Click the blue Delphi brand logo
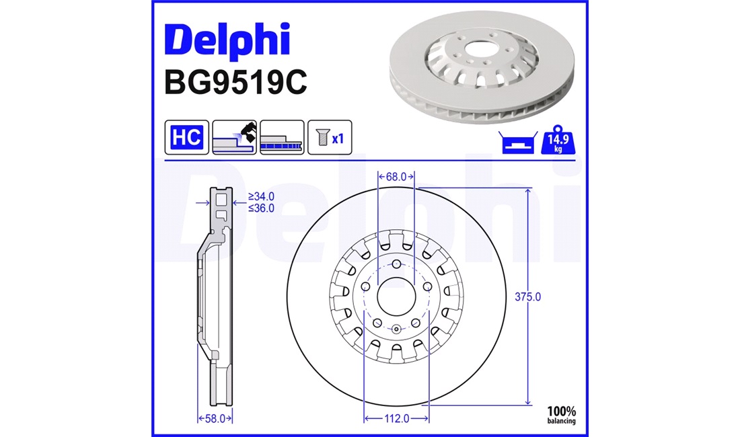(x=227, y=41)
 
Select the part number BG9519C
(x=235, y=82)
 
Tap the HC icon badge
(x=187, y=137)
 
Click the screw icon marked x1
(x=330, y=137)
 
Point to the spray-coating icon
(x=235, y=137)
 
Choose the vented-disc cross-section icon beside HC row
(x=282, y=137)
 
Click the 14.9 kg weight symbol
(x=558, y=140)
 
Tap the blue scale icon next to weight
(x=518, y=143)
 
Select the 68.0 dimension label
(x=396, y=177)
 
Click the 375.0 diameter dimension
(x=527, y=297)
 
